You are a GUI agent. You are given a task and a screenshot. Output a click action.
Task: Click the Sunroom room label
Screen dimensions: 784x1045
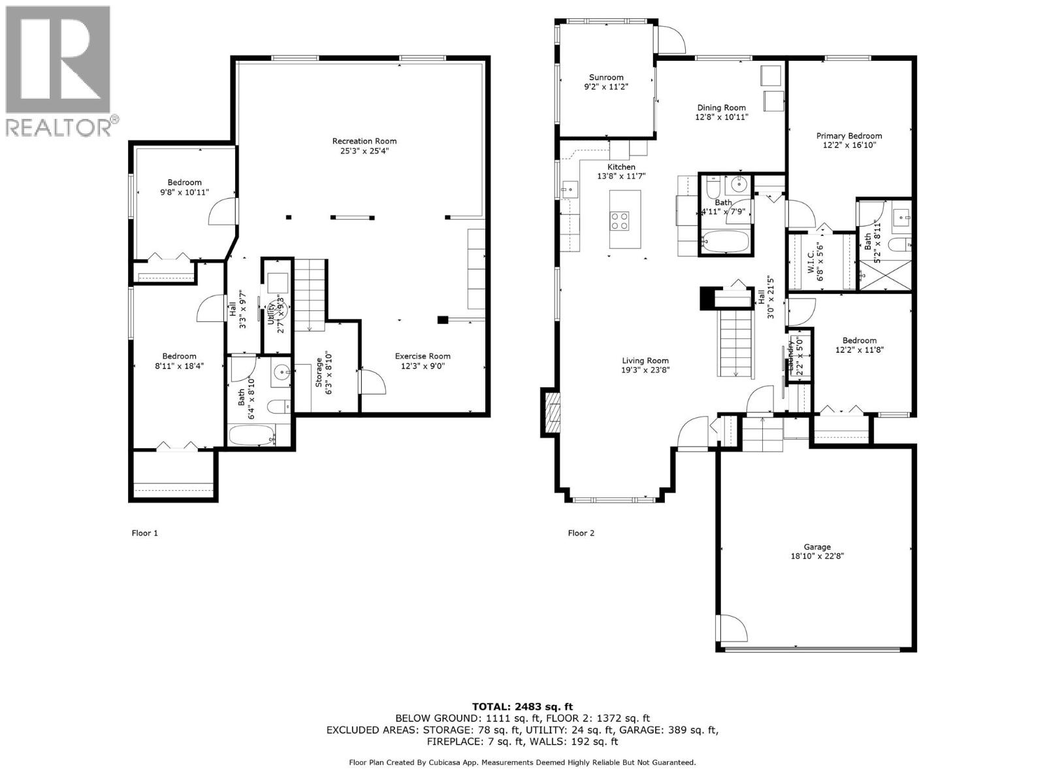[606, 77]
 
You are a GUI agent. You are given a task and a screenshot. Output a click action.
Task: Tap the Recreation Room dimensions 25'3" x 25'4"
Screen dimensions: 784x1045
[364, 151]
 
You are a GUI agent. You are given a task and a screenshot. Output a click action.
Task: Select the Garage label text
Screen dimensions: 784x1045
[817, 547]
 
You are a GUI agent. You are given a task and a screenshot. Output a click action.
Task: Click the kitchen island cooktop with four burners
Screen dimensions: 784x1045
[619, 221]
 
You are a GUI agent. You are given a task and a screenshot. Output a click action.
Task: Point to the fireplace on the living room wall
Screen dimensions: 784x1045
[549, 412]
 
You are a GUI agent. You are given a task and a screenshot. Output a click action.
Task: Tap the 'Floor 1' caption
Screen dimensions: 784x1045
[145, 533]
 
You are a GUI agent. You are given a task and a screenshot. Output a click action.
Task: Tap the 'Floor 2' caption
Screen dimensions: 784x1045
[581, 533]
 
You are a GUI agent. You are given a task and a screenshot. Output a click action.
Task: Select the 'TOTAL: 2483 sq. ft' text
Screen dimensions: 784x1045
[522, 706]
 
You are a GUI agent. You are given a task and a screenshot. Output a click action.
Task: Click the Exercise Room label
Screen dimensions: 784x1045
[423, 356]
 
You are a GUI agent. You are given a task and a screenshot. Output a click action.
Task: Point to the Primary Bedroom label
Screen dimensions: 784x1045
[849, 136]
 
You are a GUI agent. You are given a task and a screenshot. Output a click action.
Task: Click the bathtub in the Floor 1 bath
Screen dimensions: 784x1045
[251, 436]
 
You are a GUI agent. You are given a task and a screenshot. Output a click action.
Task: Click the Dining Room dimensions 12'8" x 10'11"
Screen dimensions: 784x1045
[721, 117]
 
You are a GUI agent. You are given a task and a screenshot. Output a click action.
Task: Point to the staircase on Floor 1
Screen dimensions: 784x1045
[310, 294]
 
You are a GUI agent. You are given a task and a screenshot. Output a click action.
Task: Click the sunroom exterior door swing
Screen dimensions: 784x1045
[671, 39]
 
